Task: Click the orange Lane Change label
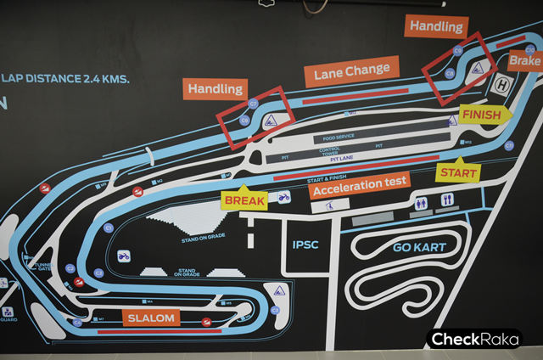click(352, 71)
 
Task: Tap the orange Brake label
click(524, 61)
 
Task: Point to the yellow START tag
click(458, 172)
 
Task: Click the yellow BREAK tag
click(244, 200)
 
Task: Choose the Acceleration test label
click(360, 183)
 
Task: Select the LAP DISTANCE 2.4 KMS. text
click(65, 79)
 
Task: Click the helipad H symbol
click(502, 85)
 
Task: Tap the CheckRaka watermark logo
click(473, 340)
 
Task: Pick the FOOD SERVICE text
click(340, 138)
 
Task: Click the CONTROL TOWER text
click(330, 152)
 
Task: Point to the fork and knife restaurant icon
click(447, 200)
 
